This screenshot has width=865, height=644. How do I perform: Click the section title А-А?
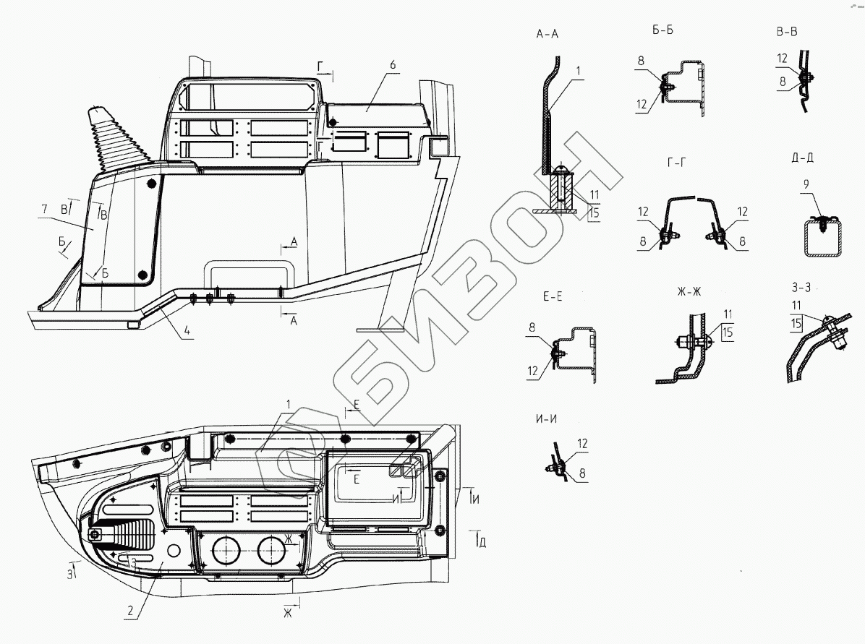point(547,34)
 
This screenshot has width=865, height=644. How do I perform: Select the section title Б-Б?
point(662,30)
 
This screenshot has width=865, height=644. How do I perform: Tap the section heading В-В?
point(787,31)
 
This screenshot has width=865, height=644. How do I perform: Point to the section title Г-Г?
point(676,162)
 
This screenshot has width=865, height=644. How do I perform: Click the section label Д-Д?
point(802,158)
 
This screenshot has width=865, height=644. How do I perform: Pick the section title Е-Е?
point(553,296)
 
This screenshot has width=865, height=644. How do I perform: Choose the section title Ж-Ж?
point(689,291)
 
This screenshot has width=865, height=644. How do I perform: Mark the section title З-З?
point(801,287)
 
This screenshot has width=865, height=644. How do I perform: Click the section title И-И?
point(546,419)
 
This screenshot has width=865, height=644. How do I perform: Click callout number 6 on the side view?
point(393,65)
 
